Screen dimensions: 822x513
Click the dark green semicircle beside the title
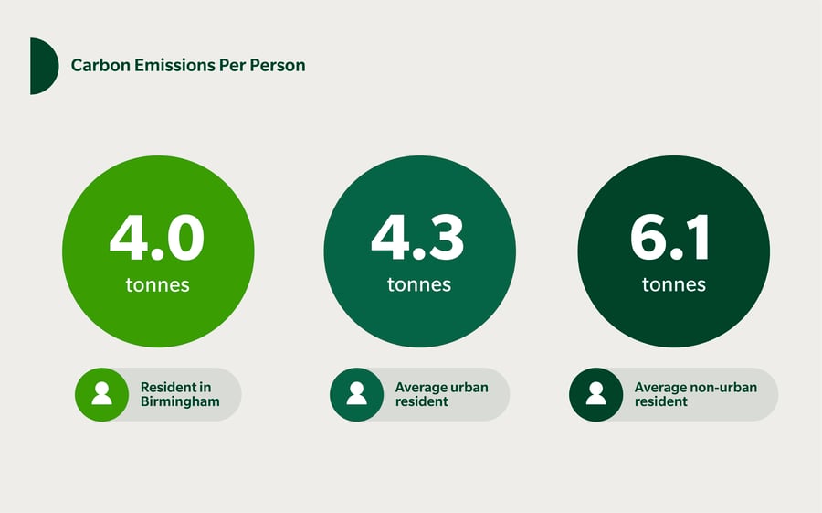pyautogui.click(x=43, y=66)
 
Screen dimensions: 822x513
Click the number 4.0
pyautogui.click(x=157, y=238)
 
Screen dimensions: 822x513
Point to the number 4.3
pyautogui.click(x=417, y=238)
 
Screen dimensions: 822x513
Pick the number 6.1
pyautogui.click(x=670, y=238)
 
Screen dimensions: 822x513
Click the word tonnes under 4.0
pyautogui.click(x=157, y=284)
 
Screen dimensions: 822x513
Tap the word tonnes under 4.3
pyautogui.click(x=419, y=284)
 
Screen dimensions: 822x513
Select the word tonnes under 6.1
pyautogui.click(x=674, y=284)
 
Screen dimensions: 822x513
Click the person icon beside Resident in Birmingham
pyautogui.click(x=101, y=393)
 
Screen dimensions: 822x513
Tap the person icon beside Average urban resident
pyautogui.click(x=356, y=393)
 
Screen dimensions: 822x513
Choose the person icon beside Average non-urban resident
pyautogui.click(x=596, y=393)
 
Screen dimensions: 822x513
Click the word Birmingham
pyautogui.click(x=180, y=401)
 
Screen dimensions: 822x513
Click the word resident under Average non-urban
pyautogui.click(x=660, y=401)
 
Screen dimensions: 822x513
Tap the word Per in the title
pyautogui.click(x=232, y=65)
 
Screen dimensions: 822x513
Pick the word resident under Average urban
pyautogui.click(x=421, y=401)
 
